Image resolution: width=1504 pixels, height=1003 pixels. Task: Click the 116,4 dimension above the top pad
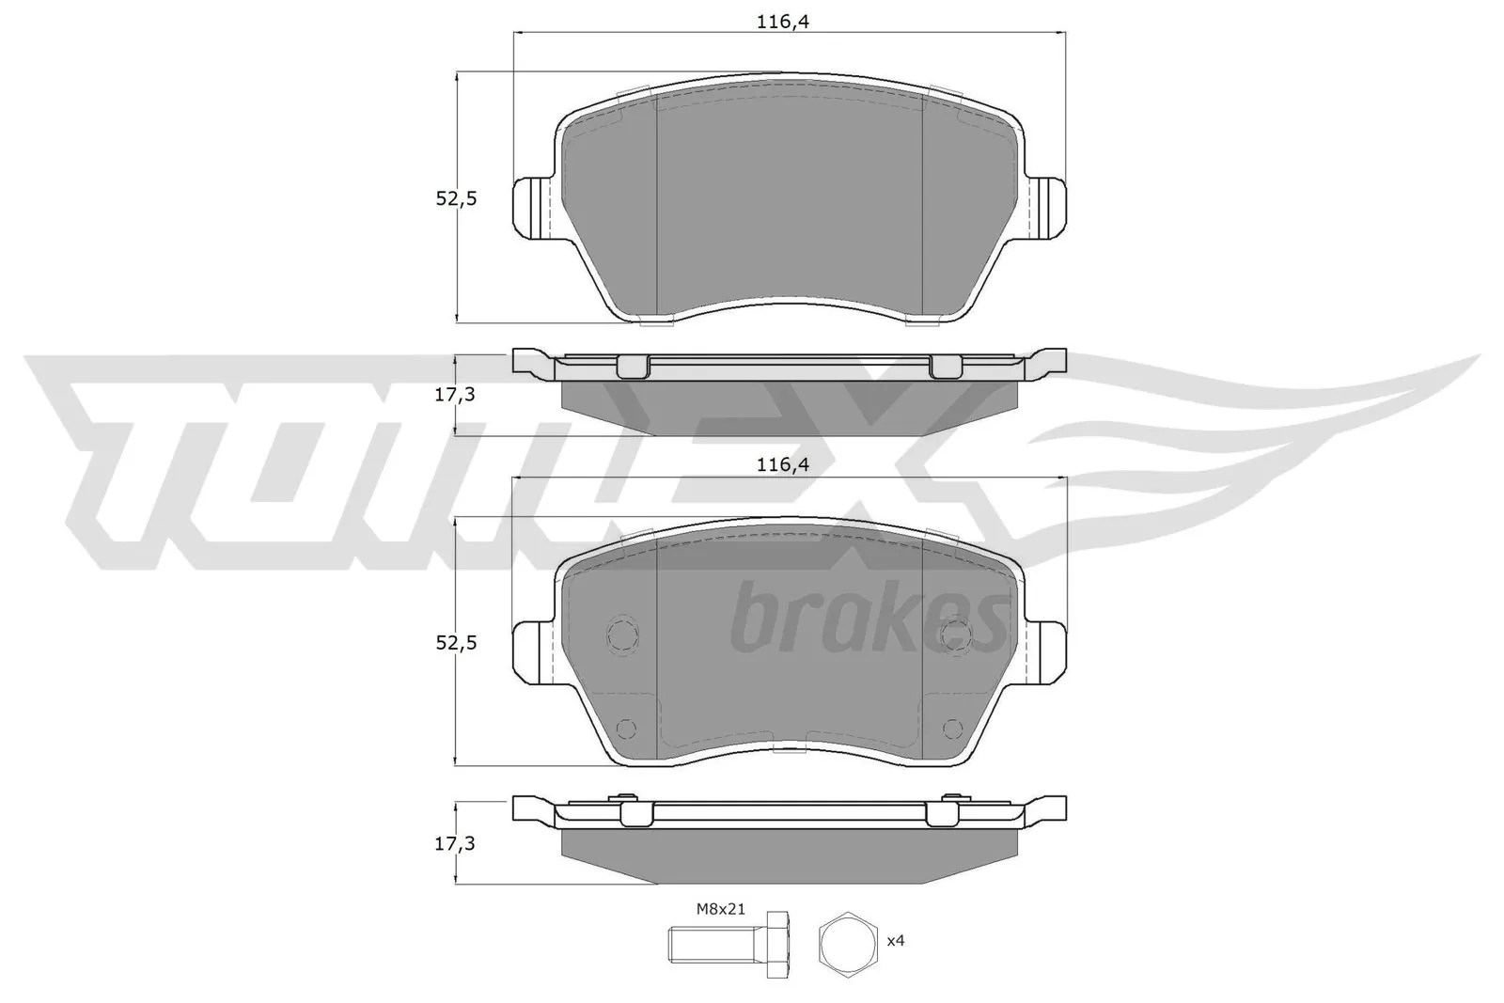pyautogui.click(x=783, y=23)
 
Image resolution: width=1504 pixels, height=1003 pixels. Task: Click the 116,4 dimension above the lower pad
pyautogui.click(x=783, y=463)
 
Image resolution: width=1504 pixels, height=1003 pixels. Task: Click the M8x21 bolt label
pyautogui.click(x=720, y=908)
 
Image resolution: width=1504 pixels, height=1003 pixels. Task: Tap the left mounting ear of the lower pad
pyautogui.click(x=531, y=649)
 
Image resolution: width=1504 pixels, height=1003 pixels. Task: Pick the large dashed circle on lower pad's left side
pyautogui.click(x=623, y=635)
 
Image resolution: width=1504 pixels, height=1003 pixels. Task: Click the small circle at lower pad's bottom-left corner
pyautogui.click(x=625, y=728)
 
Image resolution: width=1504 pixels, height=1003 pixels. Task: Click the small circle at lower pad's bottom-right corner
pyautogui.click(x=952, y=728)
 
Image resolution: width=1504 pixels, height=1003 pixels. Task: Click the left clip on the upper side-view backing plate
pyautogui.click(x=633, y=367)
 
